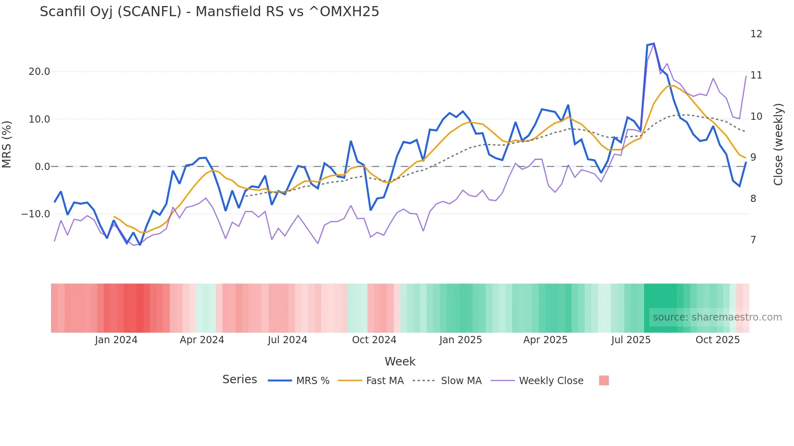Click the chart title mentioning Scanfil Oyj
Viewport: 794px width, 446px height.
point(209,12)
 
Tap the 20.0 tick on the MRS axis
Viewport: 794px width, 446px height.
point(39,72)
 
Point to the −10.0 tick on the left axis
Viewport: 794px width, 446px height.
point(36,214)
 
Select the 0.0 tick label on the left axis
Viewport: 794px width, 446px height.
point(42,166)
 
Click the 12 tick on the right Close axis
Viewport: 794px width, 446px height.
point(756,34)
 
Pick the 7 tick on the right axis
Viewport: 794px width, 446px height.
point(753,240)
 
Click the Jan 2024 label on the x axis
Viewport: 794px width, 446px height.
point(116,340)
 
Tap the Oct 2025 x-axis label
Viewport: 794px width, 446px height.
point(717,340)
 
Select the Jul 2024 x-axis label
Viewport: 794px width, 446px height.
point(287,340)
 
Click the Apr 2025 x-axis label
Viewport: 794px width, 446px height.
point(545,340)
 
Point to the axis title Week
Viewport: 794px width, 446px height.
point(400,361)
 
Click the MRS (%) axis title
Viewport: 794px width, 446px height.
point(7,144)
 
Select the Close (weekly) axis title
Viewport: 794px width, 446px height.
point(778,144)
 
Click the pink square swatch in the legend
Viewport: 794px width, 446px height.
point(604,380)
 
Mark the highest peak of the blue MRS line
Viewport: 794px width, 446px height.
point(654,44)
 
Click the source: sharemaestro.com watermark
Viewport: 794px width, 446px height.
point(717,317)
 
